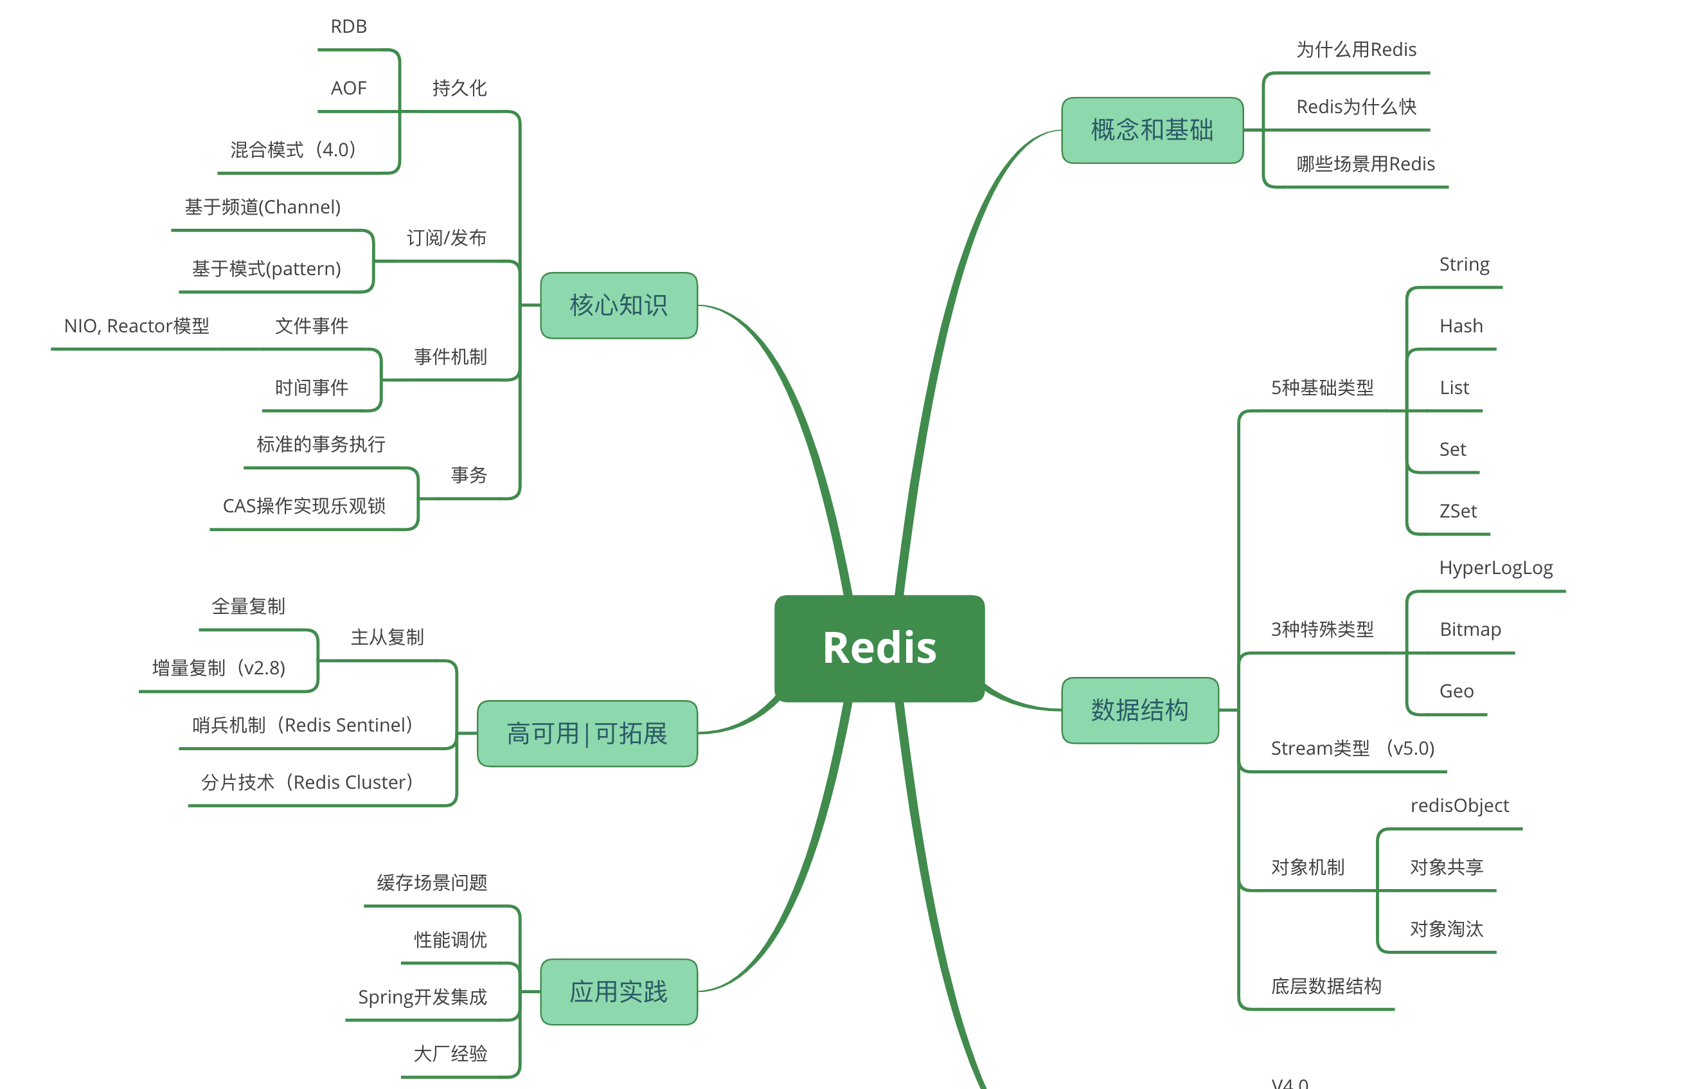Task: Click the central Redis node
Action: [x=879, y=648]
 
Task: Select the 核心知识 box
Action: [x=619, y=305]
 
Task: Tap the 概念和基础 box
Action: [x=1152, y=130]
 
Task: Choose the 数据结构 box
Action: [x=1139, y=710]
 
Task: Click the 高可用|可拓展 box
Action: [x=587, y=733]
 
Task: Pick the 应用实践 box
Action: [x=619, y=991]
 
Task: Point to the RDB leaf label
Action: [x=349, y=27]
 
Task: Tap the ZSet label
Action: [x=1458, y=511]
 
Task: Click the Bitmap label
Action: [x=1470, y=629]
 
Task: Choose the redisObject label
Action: [x=1459, y=806]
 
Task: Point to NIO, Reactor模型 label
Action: [x=136, y=326]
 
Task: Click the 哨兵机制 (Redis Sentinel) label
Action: [x=303, y=725]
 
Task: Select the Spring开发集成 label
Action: [x=422, y=997]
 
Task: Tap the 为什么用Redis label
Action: [x=1356, y=50]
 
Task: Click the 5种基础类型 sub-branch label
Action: [x=1322, y=388]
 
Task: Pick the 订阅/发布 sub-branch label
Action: [x=446, y=238]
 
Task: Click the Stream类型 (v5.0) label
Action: [x=1352, y=748]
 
